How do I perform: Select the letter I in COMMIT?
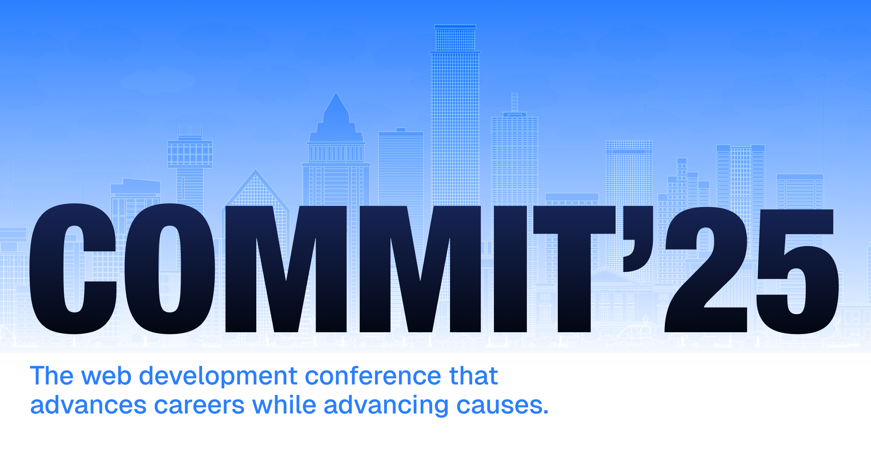510,268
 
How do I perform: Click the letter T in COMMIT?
574,268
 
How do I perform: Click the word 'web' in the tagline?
106,376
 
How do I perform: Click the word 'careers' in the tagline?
199,405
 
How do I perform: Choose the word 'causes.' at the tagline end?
502,405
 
